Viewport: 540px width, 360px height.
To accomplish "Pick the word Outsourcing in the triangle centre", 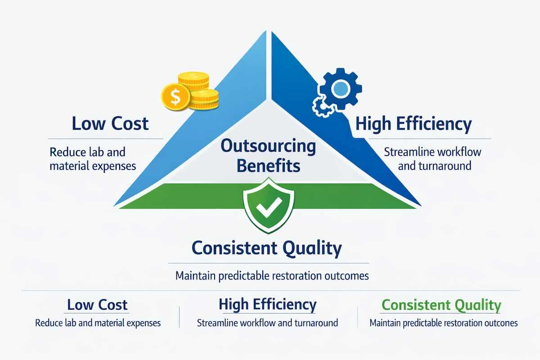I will pos(269,147).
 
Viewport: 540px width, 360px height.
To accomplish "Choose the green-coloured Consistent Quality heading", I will pos(441,306).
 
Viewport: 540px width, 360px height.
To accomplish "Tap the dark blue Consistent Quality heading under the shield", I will pos(267,248).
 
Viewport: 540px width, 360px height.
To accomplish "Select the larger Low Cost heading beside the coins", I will pos(110,124).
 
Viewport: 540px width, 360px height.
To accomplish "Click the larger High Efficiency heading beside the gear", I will pos(413,124).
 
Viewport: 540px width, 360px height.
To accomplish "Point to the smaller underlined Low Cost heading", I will pos(97,305).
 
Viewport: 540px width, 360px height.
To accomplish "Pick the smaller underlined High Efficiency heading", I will pos(268,305).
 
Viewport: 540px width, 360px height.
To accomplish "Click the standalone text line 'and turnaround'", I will pos(434,166).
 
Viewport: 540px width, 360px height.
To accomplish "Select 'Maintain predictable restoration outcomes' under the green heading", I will pos(443,323).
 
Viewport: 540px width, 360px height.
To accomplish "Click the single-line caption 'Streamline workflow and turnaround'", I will pos(268,323).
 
